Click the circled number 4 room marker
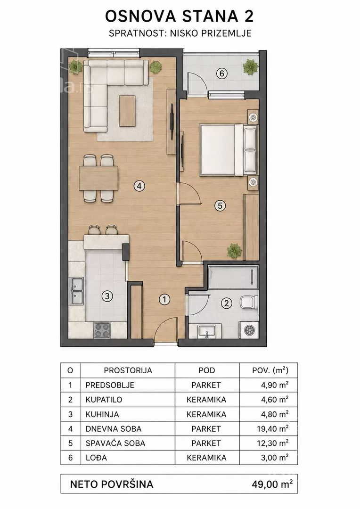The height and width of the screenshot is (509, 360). pos(139,186)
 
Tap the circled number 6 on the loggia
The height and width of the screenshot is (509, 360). pos(222,74)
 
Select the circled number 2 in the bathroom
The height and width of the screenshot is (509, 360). pos(226,303)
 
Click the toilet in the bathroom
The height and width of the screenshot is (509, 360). pos(249,303)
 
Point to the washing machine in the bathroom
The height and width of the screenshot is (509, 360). pos(248,330)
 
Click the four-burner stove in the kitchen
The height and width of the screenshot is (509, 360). pos(102,330)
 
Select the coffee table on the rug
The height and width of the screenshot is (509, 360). pos(127,111)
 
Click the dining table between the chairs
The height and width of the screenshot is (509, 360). pos(98,178)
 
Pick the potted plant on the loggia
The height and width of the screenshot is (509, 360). pos(250,67)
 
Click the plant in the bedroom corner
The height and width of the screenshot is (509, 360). pos(234,251)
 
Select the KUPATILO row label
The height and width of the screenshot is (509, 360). pos(104,400)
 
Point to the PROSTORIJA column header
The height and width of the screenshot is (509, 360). pos(128,370)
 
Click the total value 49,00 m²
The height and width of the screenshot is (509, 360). pos(272,484)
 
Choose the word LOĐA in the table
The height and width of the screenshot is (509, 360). pos(96,458)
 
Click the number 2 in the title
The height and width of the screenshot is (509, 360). pos(249,16)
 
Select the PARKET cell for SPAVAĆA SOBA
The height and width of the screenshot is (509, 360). pos(206,443)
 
